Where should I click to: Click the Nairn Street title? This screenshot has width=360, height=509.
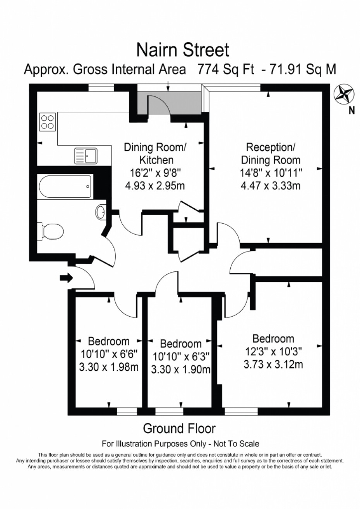pyautogui.click(x=183, y=50)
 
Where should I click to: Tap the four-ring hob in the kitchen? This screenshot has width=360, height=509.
pyautogui.click(x=48, y=122)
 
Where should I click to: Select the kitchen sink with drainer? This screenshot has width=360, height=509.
pyautogui.click(x=86, y=156)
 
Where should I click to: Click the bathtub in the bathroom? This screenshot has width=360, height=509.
pyautogui.click(x=65, y=187)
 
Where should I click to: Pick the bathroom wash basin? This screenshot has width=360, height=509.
pyautogui.click(x=101, y=212)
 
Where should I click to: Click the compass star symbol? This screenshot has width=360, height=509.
pyautogui.click(x=344, y=95)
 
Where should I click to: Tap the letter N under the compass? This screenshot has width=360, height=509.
pyautogui.click(x=352, y=111)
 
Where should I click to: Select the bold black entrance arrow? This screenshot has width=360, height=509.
pyautogui.click(x=66, y=278)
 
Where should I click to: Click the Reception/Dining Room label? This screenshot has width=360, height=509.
pyautogui.click(x=271, y=154)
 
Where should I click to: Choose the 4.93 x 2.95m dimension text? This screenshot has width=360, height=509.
pyautogui.click(x=155, y=186)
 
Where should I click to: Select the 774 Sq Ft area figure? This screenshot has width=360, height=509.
pyautogui.click(x=225, y=70)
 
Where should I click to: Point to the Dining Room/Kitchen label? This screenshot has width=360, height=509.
pyautogui.click(x=155, y=154)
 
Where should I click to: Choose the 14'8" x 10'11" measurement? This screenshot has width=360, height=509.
pyautogui.click(x=271, y=173)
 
